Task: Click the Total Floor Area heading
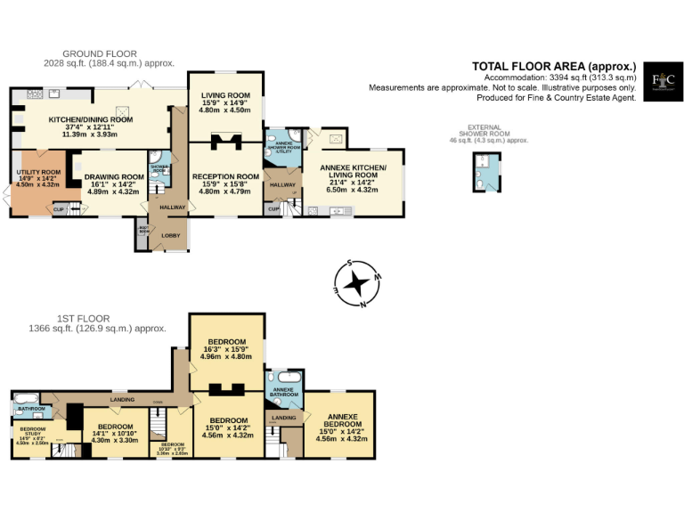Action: pyautogui.click(x=553, y=66)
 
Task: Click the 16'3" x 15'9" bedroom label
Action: pyautogui.click(x=227, y=349)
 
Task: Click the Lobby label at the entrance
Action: pyautogui.click(x=169, y=235)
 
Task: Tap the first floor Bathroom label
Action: pyautogui.click(x=32, y=409)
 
